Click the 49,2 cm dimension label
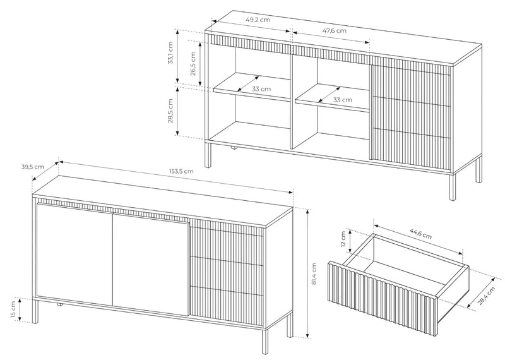[258, 20]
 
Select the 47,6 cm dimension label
[335, 30]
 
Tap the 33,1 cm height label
[170, 52]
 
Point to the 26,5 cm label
[193, 64]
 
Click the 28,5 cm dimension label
[170, 111]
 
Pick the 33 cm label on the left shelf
[261, 88]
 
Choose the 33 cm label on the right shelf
[343, 100]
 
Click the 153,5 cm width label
[182, 171]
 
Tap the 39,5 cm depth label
[33, 167]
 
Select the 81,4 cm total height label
[314, 274]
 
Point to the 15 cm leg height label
[13, 309]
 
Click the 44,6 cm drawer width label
[420, 234]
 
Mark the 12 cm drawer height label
[343, 239]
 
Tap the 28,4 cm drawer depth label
[486, 296]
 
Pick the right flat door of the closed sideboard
[150, 265]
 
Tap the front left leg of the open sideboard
[208, 155]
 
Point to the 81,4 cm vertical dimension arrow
[307, 273]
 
